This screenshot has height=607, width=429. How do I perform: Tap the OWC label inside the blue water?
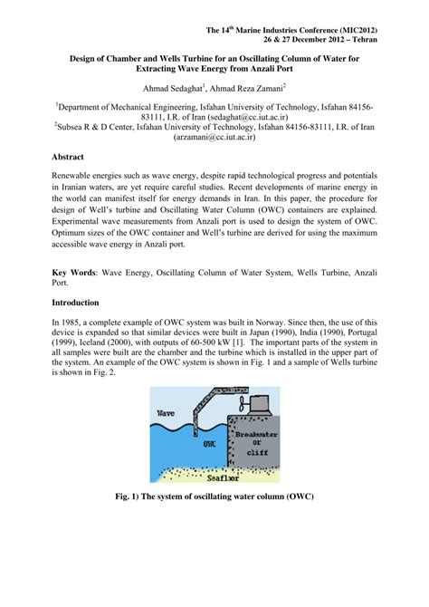209,446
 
